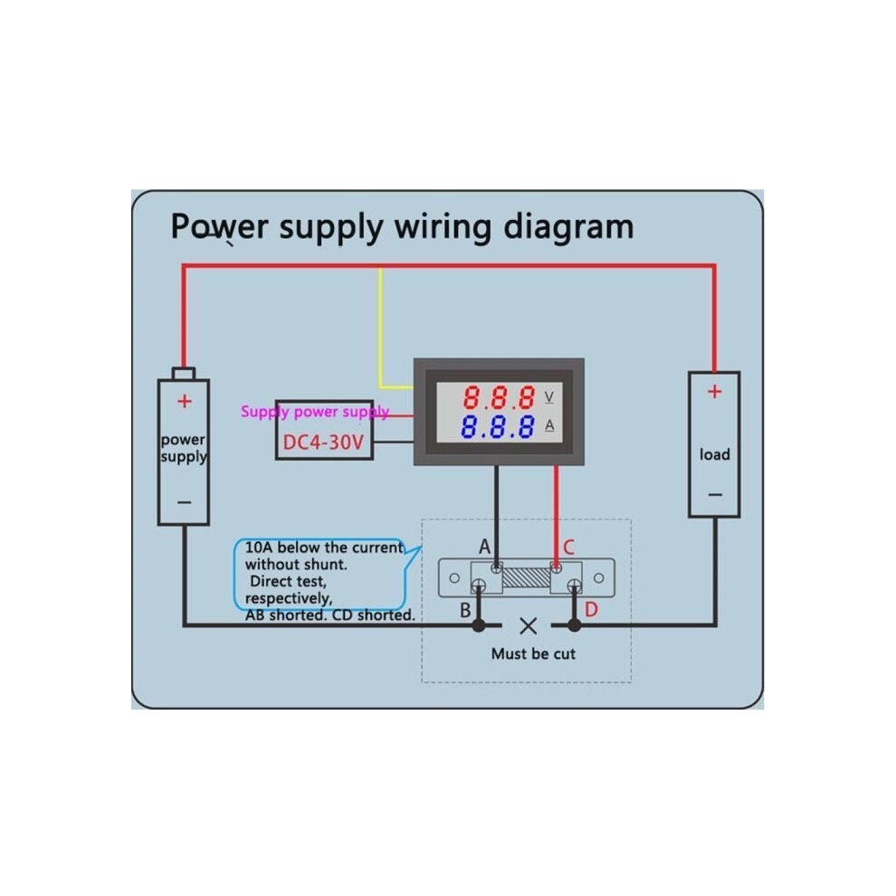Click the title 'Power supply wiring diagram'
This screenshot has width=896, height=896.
click(x=402, y=227)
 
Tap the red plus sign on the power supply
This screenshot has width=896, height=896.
click(x=184, y=401)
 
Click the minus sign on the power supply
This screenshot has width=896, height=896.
click(x=184, y=502)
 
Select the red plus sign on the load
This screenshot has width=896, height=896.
click(x=714, y=391)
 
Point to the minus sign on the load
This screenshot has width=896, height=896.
click(x=715, y=494)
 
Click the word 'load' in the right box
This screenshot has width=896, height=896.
click(x=715, y=454)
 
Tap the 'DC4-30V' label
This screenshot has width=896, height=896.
click(x=323, y=442)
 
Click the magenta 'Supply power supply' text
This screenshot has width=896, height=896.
click(x=315, y=412)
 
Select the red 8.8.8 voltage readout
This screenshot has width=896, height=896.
click(x=499, y=397)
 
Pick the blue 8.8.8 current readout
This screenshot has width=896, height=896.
click(x=498, y=426)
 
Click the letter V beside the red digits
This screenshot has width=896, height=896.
click(x=549, y=396)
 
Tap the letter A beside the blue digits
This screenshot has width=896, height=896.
click(x=549, y=425)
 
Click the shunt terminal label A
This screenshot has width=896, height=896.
click(x=484, y=547)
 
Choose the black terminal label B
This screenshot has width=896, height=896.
click(x=466, y=610)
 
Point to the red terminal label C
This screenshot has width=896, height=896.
click(x=568, y=548)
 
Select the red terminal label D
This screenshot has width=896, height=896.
click(x=591, y=610)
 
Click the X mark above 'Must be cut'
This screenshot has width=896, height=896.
click(x=529, y=626)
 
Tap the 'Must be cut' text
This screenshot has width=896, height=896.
click(x=533, y=653)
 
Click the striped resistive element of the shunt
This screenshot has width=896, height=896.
click(x=526, y=577)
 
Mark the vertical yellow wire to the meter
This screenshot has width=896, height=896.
click(x=380, y=327)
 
